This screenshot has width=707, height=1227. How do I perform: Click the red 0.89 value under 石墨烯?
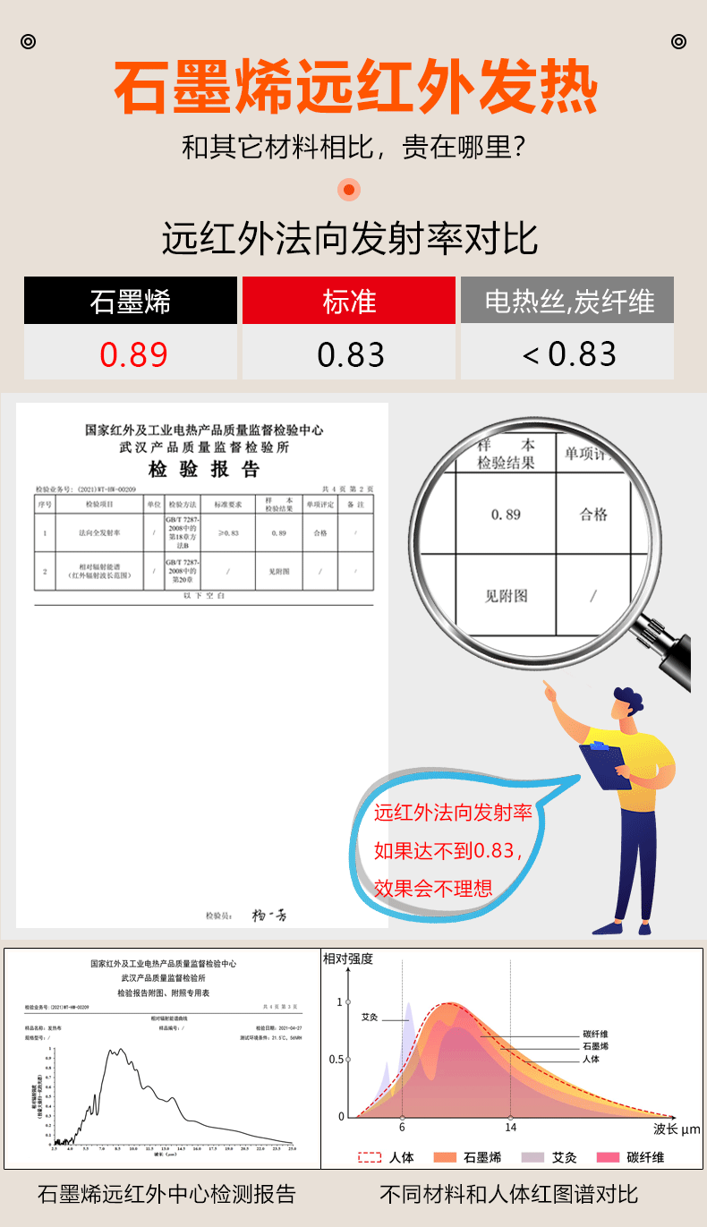click(x=133, y=354)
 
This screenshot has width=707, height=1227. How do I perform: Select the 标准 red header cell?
click(x=349, y=302)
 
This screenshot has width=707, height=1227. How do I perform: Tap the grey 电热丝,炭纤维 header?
click(x=568, y=302)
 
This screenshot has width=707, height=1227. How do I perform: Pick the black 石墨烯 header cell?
click(x=130, y=302)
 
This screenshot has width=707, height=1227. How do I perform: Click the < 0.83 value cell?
click(x=568, y=354)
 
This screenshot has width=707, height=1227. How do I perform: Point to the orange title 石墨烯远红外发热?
click(x=354, y=87)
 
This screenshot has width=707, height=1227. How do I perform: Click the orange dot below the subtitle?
click(x=349, y=190)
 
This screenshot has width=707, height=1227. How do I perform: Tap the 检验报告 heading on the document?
click(x=203, y=470)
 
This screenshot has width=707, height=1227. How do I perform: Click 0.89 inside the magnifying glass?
click(x=506, y=515)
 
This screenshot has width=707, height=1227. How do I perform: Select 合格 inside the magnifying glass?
click(x=593, y=515)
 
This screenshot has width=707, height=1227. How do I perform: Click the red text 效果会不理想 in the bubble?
click(x=433, y=888)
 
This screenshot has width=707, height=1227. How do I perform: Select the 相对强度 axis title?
click(x=348, y=959)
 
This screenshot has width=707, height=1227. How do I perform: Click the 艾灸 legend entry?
click(x=554, y=1157)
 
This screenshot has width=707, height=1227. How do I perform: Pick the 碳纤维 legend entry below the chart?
click(x=635, y=1157)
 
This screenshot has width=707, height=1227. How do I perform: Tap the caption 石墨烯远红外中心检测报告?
click(x=166, y=1194)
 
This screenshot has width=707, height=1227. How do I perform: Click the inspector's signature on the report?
click(x=268, y=915)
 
